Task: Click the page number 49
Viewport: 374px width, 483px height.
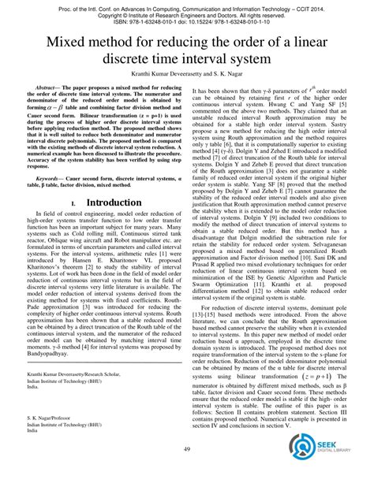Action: (x=187, y=470)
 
